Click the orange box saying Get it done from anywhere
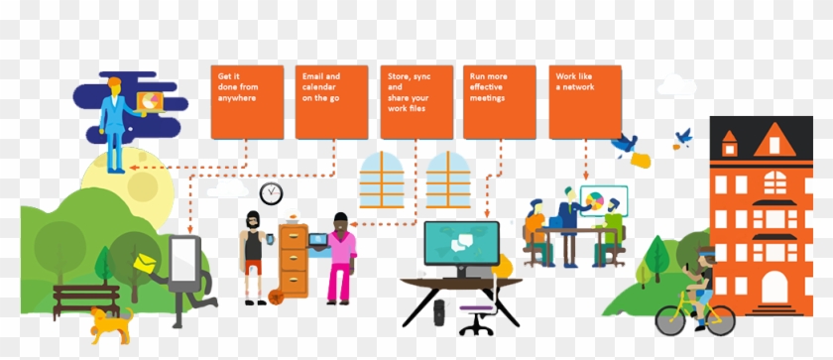[247, 101]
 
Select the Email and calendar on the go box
[331, 101]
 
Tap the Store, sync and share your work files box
[416, 101]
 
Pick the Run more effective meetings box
[499, 101]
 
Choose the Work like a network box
[584, 101]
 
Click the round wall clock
[271, 192]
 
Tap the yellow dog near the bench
[110, 323]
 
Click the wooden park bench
[85, 297]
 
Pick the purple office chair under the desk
[476, 319]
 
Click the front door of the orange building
[773, 288]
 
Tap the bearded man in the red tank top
[253, 253]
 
